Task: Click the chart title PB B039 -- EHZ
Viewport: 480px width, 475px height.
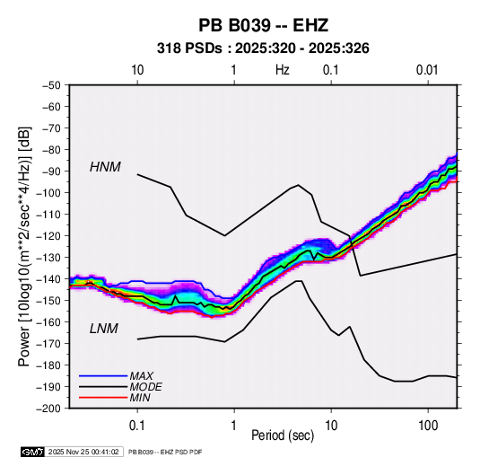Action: [263, 25]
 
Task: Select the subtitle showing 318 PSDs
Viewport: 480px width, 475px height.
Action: [263, 48]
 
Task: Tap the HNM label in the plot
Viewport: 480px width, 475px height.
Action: [105, 167]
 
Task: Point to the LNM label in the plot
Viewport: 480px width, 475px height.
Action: [104, 329]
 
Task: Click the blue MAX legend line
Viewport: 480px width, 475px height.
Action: [103, 376]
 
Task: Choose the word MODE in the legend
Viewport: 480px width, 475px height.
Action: [145, 387]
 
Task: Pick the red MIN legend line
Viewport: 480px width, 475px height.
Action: [103, 398]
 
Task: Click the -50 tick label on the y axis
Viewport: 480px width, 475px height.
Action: [51, 85]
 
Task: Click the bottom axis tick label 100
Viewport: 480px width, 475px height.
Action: [428, 426]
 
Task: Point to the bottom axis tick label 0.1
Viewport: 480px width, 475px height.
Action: [137, 426]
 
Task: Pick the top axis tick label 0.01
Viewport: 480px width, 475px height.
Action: [427, 70]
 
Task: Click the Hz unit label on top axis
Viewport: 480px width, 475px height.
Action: [283, 70]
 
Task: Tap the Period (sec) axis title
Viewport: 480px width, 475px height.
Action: [283, 435]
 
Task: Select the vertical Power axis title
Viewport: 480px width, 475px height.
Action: [24, 247]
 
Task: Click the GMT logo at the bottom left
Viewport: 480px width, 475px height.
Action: [33, 452]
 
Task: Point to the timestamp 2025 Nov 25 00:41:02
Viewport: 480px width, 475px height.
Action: [83, 452]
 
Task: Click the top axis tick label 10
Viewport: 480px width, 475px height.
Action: [137, 70]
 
